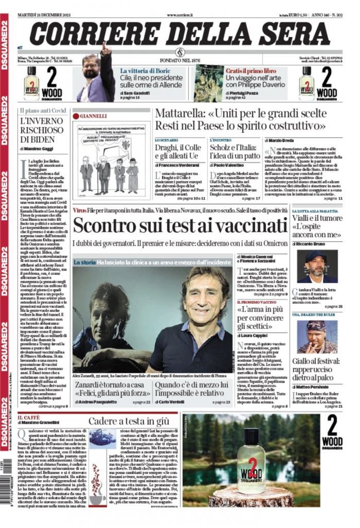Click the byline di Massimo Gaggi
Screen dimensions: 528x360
[x=37, y=149]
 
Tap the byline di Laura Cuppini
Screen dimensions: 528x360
[x=255, y=336]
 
